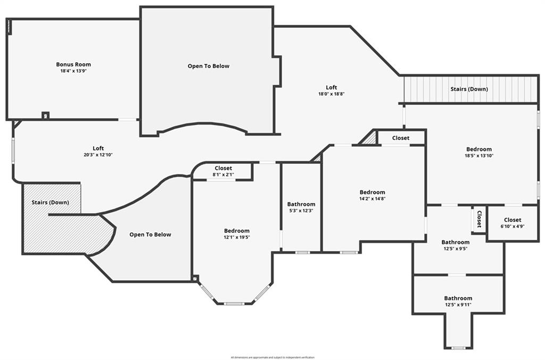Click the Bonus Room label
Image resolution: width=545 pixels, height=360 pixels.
(73, 64)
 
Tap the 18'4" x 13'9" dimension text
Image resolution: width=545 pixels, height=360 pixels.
(73, 71)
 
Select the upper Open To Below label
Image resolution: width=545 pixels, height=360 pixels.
(208, 66)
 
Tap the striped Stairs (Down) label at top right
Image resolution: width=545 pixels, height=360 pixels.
(469, 89)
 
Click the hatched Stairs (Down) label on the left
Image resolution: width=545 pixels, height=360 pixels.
(50, 203)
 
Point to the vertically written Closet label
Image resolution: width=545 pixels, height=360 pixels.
(479, 219)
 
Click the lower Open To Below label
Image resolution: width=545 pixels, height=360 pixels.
(151, 235)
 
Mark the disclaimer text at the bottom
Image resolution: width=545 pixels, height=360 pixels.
(272, 357)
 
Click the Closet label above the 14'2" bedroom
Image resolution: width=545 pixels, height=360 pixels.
(401, 138)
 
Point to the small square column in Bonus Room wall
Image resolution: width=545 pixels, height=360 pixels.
(45, 115)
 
